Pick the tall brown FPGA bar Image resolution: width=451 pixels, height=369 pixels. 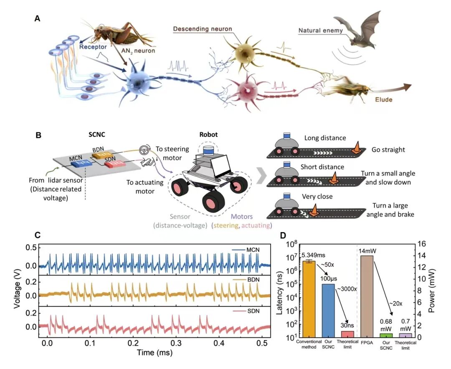point(367,296)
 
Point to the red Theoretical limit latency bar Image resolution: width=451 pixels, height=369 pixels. point(347,334)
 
